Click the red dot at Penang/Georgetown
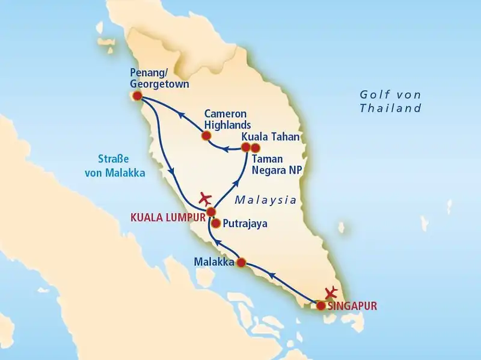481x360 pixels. point(137,96)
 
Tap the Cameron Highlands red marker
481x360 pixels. point(206,136)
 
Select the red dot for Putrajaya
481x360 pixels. point(215,224)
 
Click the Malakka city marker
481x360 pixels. point(240,263)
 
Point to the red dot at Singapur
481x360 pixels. point(321,306)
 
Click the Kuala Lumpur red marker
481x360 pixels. point(211,212)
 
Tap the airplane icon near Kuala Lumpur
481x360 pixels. point(206,197)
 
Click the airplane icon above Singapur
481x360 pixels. point(330,292)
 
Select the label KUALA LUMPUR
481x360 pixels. point(168,213)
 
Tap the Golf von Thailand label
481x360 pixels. point(391,102)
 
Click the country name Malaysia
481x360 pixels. point(266,200)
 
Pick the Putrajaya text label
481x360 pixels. point(245,224)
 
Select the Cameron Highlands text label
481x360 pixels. point(226,119)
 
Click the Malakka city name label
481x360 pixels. point(213,262)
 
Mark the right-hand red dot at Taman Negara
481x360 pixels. point(256,147)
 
